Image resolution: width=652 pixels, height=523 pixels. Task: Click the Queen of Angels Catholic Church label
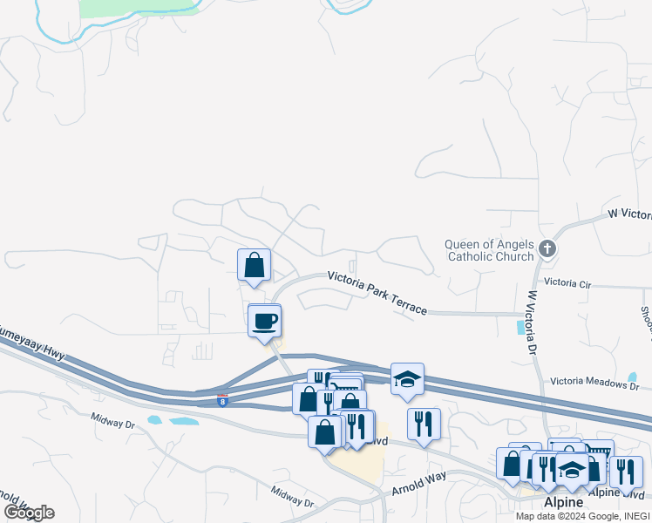(x=489, y=250)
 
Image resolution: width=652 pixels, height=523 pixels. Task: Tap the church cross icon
(x=547, y=248)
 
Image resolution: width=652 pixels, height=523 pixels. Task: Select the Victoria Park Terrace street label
(x=377, y=293)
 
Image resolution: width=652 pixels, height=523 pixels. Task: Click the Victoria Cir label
(x=567, y=283)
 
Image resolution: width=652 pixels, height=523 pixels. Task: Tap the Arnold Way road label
(x=418, y=479)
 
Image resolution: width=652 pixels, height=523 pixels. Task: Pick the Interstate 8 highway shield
(x=223, y=400)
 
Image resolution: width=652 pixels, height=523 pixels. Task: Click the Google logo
(x=29, y=513)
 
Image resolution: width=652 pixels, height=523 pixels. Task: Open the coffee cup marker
(x=265, y=322)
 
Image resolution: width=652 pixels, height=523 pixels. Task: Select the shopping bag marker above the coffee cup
(x=254, y=265)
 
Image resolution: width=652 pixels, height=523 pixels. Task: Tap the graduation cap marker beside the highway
(x=407, y=379)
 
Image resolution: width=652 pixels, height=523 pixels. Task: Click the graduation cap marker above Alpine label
(x=572, y=469)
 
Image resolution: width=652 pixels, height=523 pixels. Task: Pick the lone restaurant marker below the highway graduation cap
(x=424, y=425)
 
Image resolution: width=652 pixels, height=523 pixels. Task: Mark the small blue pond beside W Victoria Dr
(x=522, y=327)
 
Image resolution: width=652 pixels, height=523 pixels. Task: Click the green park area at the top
(x=139, y=7)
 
